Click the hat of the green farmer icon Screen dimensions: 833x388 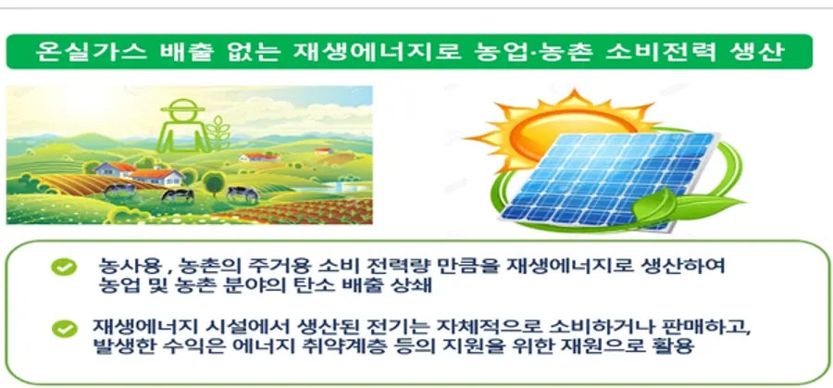point(182,106)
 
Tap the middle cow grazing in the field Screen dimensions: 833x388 point(178,195)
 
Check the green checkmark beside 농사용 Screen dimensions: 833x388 point(64,267)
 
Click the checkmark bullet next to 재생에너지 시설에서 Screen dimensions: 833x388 point(64,328)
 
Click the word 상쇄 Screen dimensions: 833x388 point(417,287)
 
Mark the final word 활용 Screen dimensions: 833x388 point(677,347)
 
